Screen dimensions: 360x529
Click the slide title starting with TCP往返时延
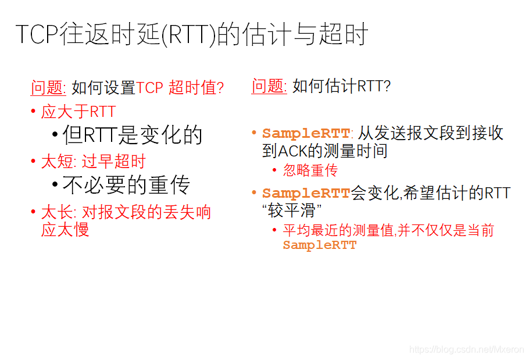(x=191, y=35)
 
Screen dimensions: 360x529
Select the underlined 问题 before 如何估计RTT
(x=269, y=86)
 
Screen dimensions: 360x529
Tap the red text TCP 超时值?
(x=180, y=88)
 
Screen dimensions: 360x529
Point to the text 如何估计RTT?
(x=341, y=87)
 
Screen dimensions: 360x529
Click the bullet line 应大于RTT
(x=78, y=112)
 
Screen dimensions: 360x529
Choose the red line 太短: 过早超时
(x=93, y=162)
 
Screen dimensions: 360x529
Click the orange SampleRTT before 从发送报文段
(x=306, y=133)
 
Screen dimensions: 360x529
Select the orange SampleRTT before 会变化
(x=306, y=194)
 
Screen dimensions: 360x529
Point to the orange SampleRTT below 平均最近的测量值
(x=319, y=245)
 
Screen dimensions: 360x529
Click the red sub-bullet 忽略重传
(x=310, y=170)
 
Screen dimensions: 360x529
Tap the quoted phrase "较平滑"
(x=292, y=211)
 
